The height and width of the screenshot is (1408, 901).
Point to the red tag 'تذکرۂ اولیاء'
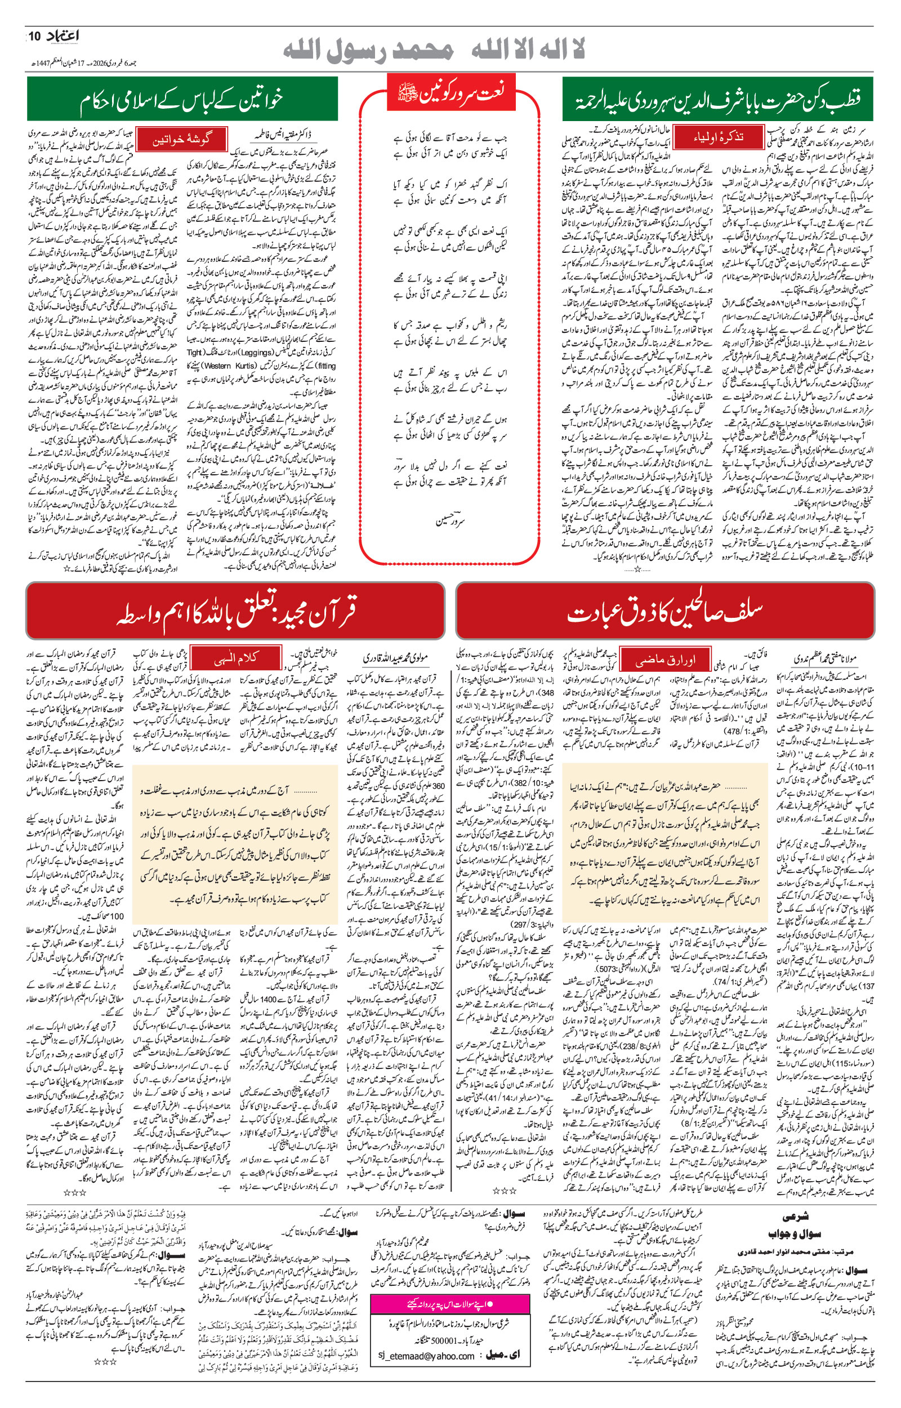719,137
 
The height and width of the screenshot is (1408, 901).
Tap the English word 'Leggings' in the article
257,353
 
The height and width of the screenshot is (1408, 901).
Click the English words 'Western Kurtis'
231,366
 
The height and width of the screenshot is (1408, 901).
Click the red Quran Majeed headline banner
235,612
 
